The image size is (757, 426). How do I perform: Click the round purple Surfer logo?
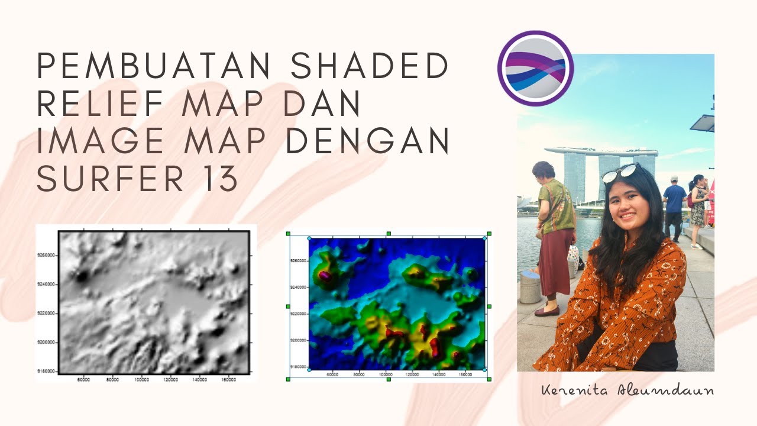535,69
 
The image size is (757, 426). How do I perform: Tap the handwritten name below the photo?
627,390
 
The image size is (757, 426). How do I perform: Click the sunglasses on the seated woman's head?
619,172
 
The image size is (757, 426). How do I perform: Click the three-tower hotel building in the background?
600,172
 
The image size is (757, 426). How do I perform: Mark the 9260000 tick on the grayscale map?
46,256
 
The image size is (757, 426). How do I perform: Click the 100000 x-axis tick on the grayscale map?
141,379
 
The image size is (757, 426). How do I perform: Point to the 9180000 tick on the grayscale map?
46,371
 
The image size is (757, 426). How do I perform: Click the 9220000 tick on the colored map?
297,314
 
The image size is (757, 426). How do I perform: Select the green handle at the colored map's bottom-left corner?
288,379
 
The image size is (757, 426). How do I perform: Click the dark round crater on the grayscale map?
81,276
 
